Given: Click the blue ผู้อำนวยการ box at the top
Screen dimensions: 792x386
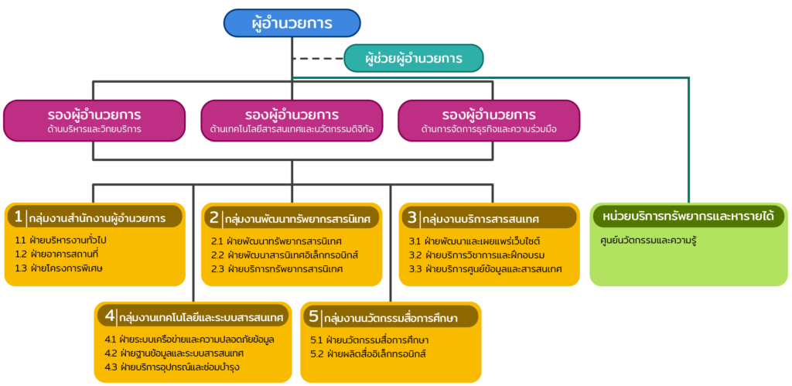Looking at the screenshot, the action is pos(292,23).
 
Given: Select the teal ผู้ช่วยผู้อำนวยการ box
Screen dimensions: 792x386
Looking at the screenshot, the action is pos(414,58).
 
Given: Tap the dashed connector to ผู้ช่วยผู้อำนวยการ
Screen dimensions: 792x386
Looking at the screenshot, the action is pos(318,59).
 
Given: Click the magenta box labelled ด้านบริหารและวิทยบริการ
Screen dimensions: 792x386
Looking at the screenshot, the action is pos(94,121).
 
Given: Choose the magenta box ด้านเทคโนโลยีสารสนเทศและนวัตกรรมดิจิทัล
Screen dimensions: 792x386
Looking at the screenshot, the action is pos(292,121).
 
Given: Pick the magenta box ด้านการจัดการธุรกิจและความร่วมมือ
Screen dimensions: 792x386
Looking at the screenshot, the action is pos(489,121).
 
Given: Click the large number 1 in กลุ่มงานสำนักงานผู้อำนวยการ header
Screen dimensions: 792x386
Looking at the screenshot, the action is pos(19,217).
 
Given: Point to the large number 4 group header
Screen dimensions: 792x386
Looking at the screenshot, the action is pos(111,316).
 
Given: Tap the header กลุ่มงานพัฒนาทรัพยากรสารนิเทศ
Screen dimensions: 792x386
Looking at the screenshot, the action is pos(292,218).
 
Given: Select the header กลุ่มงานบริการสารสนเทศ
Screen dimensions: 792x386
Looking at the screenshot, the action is pos(489,218).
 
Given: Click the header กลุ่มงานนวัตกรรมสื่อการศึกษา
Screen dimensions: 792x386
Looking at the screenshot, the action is pos(391,317).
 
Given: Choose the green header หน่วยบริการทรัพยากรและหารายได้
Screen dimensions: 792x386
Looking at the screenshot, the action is pos(688,217).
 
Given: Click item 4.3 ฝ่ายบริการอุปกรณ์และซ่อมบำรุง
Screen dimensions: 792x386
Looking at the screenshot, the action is pos(172,367).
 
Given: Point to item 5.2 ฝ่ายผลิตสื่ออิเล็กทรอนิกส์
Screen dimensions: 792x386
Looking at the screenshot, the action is pos(369,354).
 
